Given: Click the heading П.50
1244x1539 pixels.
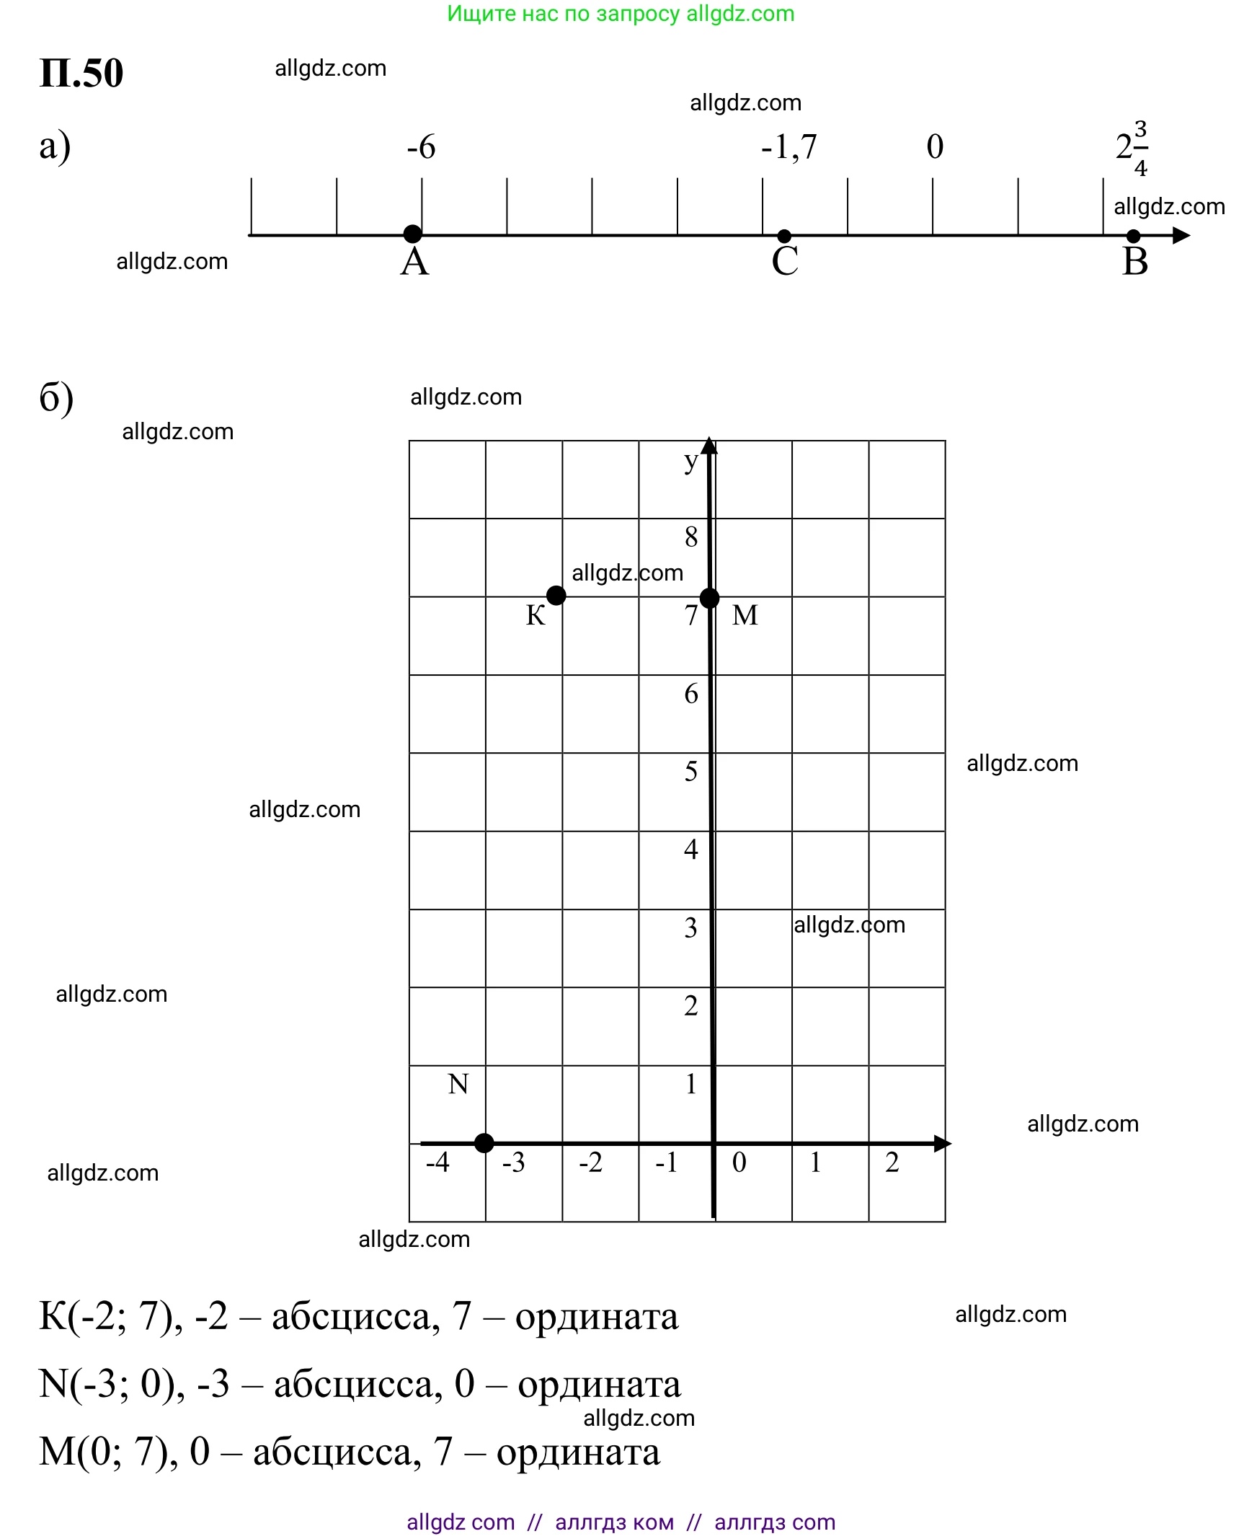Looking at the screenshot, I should pos(81,73).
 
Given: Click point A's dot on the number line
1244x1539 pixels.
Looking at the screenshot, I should pos(412,234).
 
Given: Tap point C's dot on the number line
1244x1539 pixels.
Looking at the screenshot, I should pos(785,236).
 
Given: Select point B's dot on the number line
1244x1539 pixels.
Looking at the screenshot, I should pos(1133,236).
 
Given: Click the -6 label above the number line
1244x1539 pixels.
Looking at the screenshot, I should pos(421,147).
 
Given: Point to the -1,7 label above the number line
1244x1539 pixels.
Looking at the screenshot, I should pos(789,147).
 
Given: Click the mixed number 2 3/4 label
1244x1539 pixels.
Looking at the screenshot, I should pos(1132,148).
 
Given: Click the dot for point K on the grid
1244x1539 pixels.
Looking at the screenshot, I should pos(556,596).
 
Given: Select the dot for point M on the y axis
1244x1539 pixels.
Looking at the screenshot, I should pos(710,598).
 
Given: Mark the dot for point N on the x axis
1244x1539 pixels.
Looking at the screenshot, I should pos(484,1143).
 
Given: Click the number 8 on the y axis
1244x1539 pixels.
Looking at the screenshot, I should pos(691,537).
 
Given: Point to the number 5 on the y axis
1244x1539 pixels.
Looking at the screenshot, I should pos(691,772).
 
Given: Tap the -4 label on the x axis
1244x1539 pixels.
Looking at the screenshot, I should pos(437,1163).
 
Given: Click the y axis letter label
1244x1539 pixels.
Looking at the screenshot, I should pos(690,462).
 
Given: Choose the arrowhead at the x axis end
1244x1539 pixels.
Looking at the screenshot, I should pos(943,1143).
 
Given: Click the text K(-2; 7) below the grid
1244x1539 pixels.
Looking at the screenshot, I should pos(111,1316).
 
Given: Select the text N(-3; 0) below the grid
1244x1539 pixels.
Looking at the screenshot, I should pos(112,1384).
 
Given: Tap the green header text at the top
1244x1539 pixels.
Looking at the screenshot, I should pos(621,14).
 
